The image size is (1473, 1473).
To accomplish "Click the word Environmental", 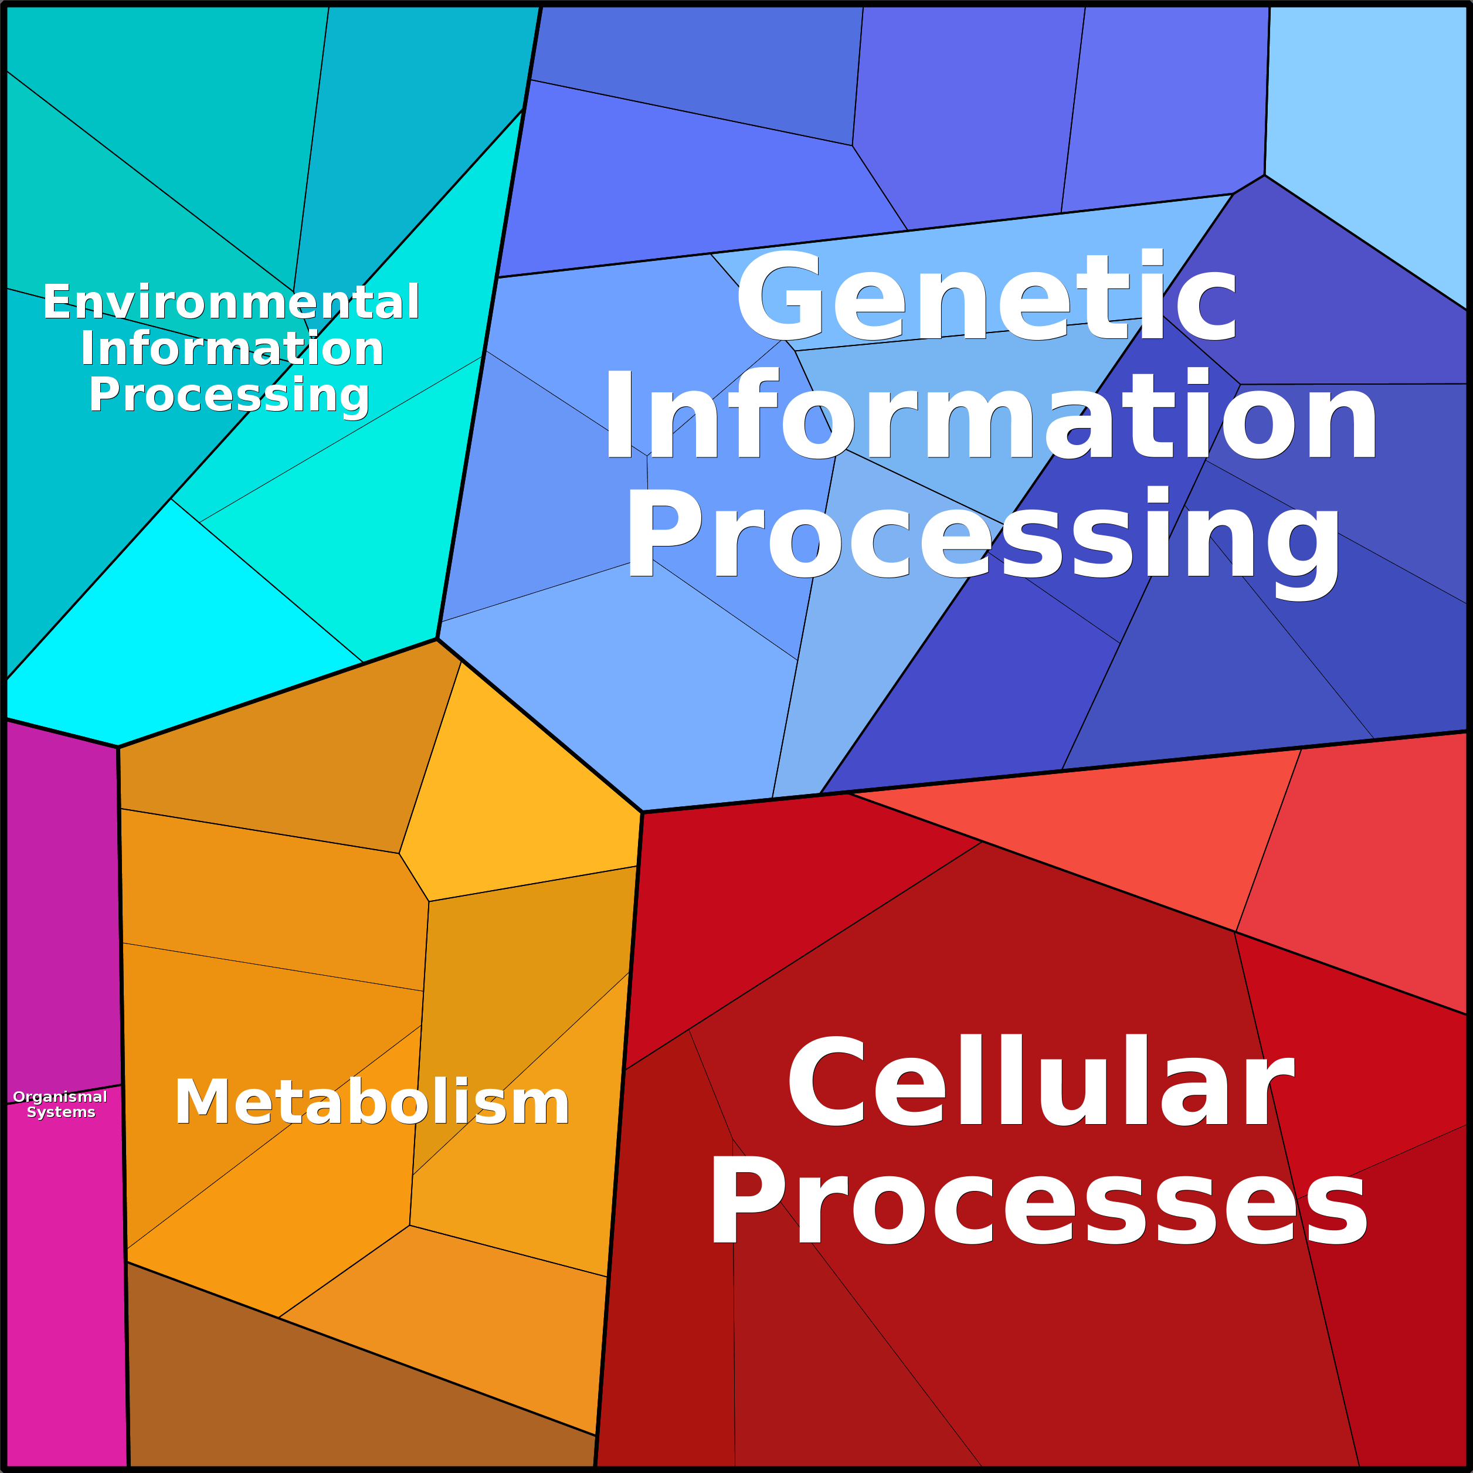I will click(231, 302).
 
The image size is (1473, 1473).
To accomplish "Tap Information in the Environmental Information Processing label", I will click(232, 348).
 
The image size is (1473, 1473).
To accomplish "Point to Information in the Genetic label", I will click(990, 416).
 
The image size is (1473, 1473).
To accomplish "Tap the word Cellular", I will click(1041, 1080).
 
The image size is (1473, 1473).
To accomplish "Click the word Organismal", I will click(60, 1097).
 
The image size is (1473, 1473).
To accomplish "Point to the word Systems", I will click(61, 1112).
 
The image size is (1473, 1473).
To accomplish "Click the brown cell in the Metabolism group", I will click(343, 1395).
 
